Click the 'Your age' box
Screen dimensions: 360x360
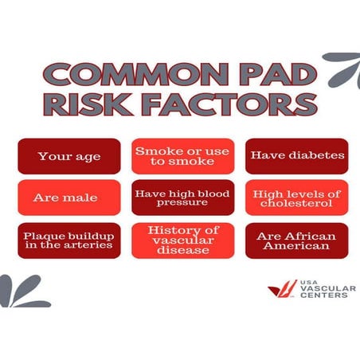point(69,156)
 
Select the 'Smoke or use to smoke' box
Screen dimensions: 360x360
point(183,156)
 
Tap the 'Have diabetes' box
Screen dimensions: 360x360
point(297,155)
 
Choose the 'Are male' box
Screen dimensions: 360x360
point(69,198)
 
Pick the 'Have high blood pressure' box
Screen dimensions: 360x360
point(183,198)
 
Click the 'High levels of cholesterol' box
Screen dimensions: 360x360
point(297,198)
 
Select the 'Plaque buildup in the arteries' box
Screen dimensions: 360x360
point(69,241)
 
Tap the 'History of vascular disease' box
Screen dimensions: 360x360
point(183,241)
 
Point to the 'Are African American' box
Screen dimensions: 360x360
point(297,241)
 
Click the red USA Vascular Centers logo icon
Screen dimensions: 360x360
point(281,288)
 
